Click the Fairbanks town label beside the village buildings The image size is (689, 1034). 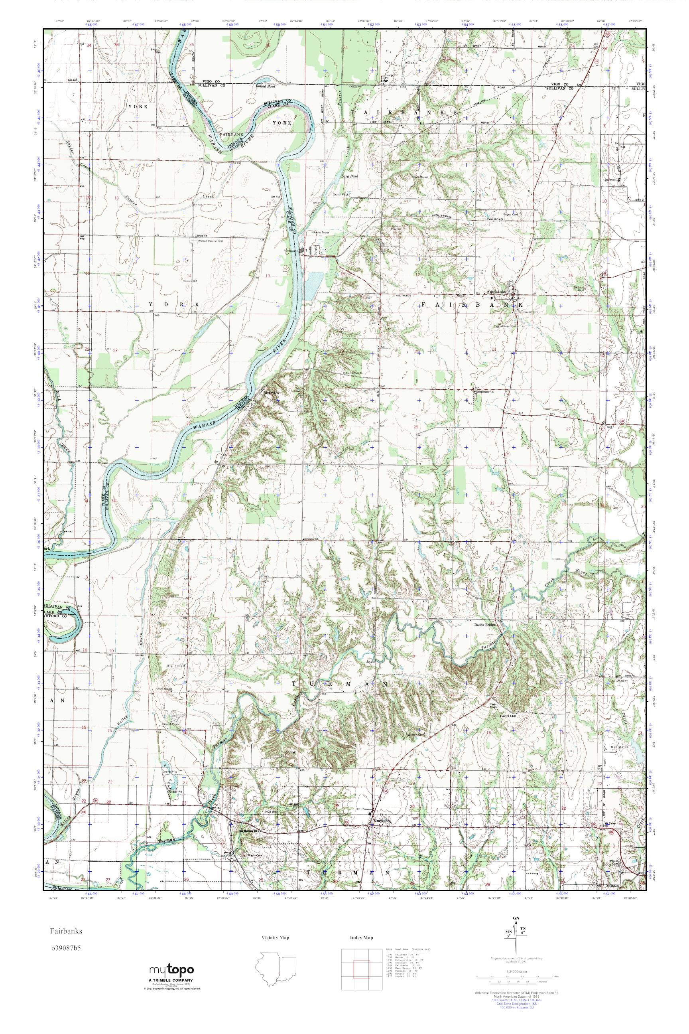tap(496, 291)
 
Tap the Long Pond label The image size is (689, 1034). tap(350, 176)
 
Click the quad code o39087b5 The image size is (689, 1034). tap(66, 944)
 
